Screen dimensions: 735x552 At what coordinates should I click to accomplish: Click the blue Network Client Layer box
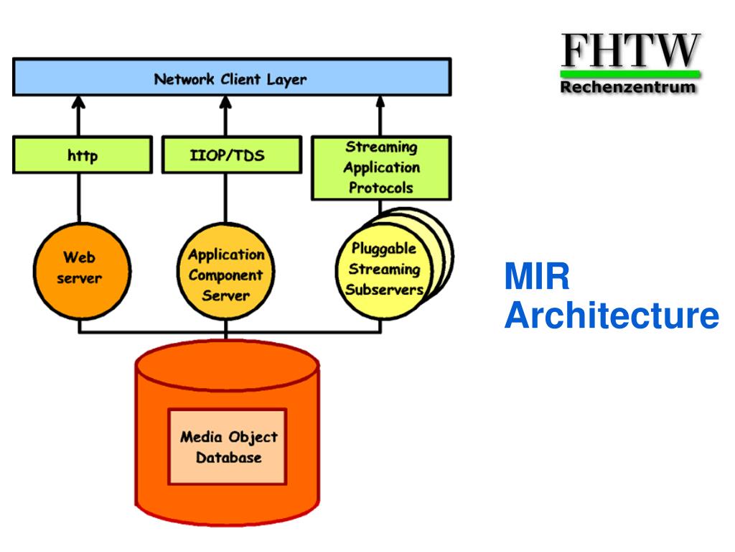tap(232, 78)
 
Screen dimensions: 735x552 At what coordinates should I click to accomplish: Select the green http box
tap(83, 155)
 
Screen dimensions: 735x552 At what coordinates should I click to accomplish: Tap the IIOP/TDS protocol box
tap(232, 155)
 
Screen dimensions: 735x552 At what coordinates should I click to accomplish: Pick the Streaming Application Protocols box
tap(381, 168)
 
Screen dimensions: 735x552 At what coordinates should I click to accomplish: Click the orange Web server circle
tap(82, 271)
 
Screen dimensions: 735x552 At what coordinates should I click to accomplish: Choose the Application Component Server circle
tap(226, 271)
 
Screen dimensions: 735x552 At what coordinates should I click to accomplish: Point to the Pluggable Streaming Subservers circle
tap(385, 271)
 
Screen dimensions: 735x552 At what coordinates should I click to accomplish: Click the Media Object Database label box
tap(228, 446)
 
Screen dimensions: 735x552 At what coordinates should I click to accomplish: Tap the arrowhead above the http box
tap(78, 102)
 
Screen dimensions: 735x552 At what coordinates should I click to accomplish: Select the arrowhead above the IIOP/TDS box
tap(225, 102)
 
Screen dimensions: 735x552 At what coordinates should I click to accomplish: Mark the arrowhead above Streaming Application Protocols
tap(380, 102)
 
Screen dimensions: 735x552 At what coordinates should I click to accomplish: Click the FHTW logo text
tap(630, 51)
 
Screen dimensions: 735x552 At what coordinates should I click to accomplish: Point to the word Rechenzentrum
tap(628, 87)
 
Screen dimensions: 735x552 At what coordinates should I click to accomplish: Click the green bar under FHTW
tap(630, 74)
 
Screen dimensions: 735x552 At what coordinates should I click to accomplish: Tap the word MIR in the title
tap(537, 277)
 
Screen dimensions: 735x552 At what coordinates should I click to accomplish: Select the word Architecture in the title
tap(612, 316)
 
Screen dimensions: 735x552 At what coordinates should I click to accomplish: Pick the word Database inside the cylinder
tap(228, 457)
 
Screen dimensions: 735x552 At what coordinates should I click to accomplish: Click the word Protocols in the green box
tap(380, 188)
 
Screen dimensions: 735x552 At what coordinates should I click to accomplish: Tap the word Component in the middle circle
tap(225, 275)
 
